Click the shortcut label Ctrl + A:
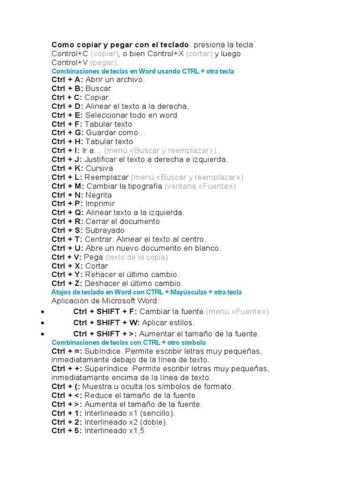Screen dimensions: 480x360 point(67,80)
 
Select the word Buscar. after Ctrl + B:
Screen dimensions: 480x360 point(99,89)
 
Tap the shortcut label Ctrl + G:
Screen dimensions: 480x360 point(67,133)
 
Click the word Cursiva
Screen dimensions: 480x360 point(99,168)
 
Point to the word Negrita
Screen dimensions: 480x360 point(98,195)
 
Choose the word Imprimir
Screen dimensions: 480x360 point(100,204)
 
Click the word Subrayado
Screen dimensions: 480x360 point(105,231)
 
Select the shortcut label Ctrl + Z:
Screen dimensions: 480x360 point(67,284)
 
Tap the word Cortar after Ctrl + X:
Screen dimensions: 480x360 point(97,266)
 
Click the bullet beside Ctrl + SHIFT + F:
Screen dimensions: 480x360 point(43,312)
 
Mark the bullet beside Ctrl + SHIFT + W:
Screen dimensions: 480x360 point(43,323)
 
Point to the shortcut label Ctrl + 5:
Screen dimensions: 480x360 point(67,431)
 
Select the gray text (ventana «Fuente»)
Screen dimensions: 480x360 point(200,186)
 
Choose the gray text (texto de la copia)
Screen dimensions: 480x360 point(136,257)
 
